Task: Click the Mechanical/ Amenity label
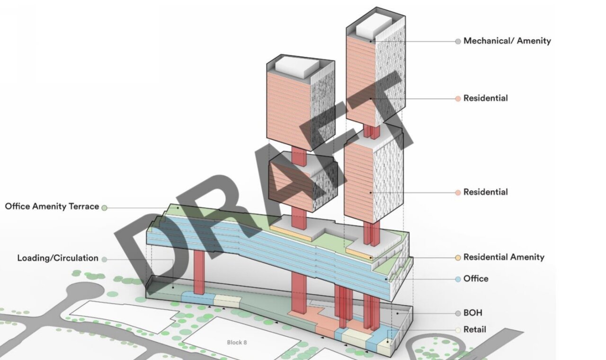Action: pyautogui.click(x=507, y=41)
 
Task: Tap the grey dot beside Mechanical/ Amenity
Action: pyautogui.click(x=458, y=41)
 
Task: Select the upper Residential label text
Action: pyautogui.click(x=486, y=98)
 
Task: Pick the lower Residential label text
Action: pyautogui.click(x=486, y=192)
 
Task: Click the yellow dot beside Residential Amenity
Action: pyautogui.click(x=458, y=257)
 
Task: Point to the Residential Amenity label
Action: pyautogui.click(x=504, y=257)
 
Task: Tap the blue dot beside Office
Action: pyautogui.click(x=458, y=279)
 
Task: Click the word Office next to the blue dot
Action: pyautogui.click(x=476, y=279)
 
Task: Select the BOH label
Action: pyautogui.click(x=473, y=313)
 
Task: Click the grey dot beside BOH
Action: pyautogui.click(x=458, y=313)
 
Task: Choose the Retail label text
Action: pyautogui.click(x=475, y=329)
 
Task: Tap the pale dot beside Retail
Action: pyautogui.click(x=458, y=330)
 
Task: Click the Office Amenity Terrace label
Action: pyautogui.click(x=52, y=206)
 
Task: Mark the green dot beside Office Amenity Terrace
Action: pyautogui.click(x=105, y=208)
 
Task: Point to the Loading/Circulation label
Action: pyautogui.click(x=58, y=258)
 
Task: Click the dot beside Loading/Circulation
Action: pyautogui.click(x=105, y=259)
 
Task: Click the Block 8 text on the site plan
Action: pyautogui.click(x=237, y=342)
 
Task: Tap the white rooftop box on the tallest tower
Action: pyautogui.click(x=374, y=24)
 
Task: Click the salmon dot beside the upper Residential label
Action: pyautogui.click(x=458, y=99)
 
